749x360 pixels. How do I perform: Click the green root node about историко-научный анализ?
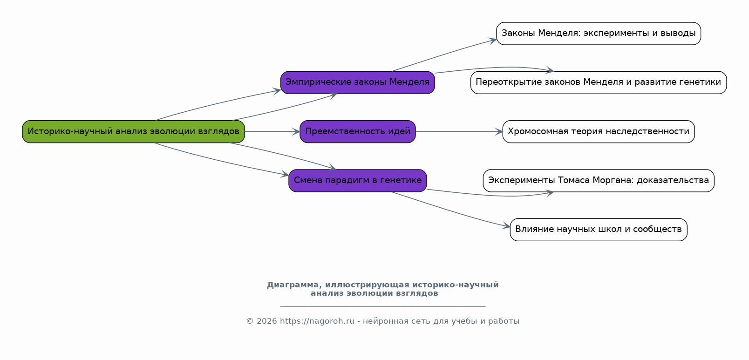pos(133,132)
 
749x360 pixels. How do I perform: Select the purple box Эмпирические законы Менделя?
pos(358,82)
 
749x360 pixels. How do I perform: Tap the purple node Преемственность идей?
pos(358,132)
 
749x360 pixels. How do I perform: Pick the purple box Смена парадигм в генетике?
pos(358,181)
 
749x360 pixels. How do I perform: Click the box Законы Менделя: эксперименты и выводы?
pos(599,34)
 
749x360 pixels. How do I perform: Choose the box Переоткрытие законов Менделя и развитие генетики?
pos(599,82)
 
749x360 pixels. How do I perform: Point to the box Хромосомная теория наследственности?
pos(599,132)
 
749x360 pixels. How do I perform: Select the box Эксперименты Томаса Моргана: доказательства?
pos(599,181)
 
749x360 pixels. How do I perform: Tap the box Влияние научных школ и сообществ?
pos(599,230)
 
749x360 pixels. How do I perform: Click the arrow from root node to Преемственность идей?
pos(272,132)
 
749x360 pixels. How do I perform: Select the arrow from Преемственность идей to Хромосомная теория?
pos(459,132)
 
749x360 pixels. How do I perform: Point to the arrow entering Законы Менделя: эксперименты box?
pos(444,54)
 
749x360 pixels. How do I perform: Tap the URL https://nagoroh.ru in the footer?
pos(317,321)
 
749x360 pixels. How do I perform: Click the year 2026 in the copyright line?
pos(266,321)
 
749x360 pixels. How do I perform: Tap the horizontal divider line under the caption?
pos(383,306)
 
